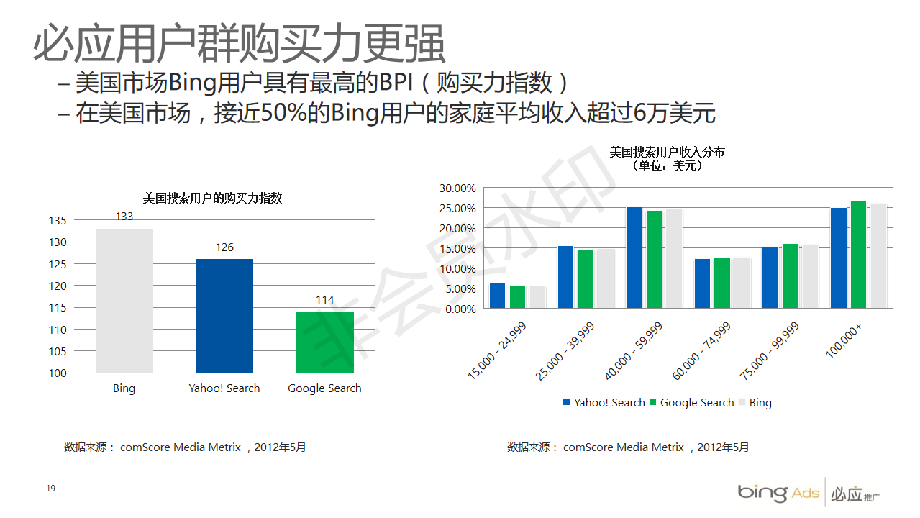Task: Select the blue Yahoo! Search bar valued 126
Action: pos(224,316)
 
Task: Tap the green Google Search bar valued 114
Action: pos(324,342)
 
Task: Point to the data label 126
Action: pos(224,247)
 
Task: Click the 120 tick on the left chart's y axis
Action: pos(58,286)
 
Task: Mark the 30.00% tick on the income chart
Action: pos(457,188)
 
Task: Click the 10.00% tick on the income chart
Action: pos(457,269)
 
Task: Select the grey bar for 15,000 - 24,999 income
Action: pos(537,297)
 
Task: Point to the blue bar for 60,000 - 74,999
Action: pos(702,283)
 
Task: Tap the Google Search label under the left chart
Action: pos(324,388)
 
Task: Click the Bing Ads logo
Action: pos(778,493)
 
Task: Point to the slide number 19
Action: pos(50,489)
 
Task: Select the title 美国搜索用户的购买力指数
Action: pos(212,199)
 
